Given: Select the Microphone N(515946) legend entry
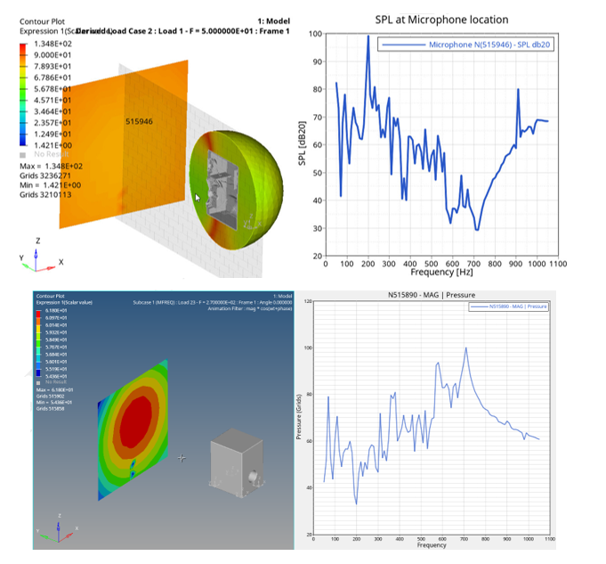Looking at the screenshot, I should (489, 45).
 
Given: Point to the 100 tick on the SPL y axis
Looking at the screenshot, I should (316, 34).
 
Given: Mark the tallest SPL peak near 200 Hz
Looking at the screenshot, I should (368, 37).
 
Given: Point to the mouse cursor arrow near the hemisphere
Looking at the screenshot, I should (198, 198).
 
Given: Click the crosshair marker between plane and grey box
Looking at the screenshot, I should (182, 458).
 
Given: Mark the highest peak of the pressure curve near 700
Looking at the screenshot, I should (465, 348).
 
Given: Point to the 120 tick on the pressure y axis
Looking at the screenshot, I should (308, 303).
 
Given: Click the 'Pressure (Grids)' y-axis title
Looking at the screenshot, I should (298, 420).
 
